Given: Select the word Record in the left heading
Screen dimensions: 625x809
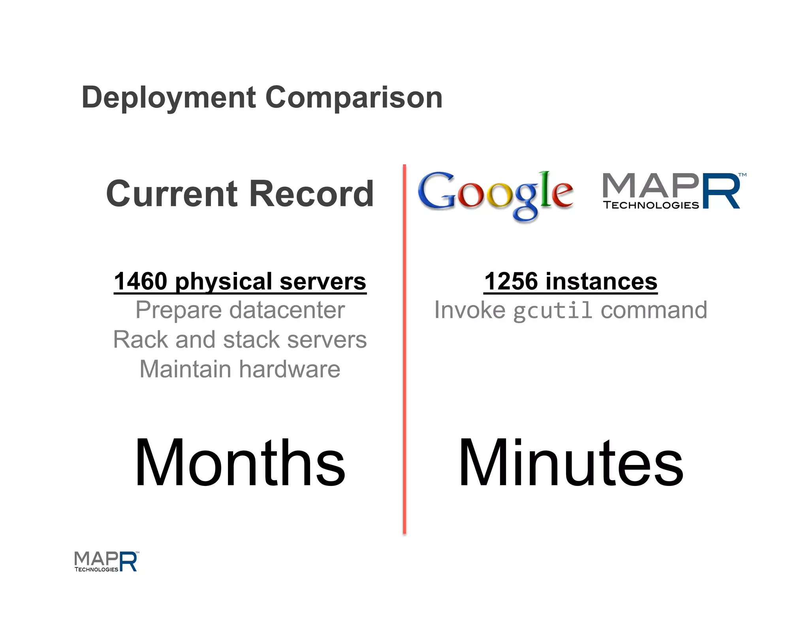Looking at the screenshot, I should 311,194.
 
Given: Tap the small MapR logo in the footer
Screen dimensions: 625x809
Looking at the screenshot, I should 106,561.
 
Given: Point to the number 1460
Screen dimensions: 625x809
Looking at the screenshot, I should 141,281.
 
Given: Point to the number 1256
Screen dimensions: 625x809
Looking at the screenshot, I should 511,281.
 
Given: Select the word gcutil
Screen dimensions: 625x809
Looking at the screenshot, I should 552,311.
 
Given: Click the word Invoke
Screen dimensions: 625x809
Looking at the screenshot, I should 470,310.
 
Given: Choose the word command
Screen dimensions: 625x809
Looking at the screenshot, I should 654,310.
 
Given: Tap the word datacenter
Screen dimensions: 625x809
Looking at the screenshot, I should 287,310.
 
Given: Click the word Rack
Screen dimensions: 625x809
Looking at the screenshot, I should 141,340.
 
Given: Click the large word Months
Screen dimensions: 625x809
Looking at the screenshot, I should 240,463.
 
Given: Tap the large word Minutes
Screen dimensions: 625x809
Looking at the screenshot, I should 571,463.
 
